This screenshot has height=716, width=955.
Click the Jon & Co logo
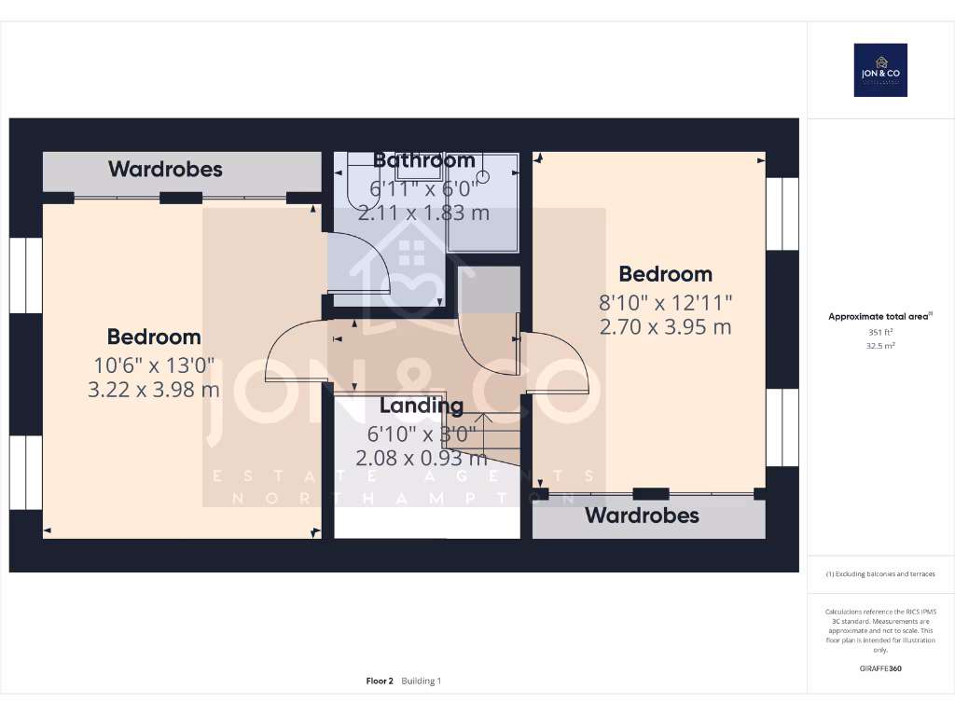coord(880,70)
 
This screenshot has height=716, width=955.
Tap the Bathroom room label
coord(424,160)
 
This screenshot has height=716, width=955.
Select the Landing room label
coord(422,406)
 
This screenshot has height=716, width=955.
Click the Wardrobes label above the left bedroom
coord(165,169)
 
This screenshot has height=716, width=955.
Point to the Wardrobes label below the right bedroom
coord(642,516)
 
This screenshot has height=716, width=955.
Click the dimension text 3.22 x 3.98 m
coord(154,390)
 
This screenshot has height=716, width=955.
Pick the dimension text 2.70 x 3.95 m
coord(665,327)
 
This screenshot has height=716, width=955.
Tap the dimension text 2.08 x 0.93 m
coord(422,458)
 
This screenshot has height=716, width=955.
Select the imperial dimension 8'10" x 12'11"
coord(665,302)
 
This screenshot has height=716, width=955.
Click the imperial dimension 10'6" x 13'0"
coord(154,365)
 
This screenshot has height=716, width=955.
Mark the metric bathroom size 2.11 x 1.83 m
coord(424,213)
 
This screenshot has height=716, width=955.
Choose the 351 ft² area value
coord(880,332)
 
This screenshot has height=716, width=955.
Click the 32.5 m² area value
coord(880,345)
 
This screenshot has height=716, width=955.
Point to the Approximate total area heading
coord(879,317)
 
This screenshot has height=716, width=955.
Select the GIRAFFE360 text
coord(880,668)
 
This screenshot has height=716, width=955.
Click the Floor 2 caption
coord(381,682)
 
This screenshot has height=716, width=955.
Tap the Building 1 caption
coord(422,682)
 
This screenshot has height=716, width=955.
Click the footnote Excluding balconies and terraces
coord(880,574)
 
